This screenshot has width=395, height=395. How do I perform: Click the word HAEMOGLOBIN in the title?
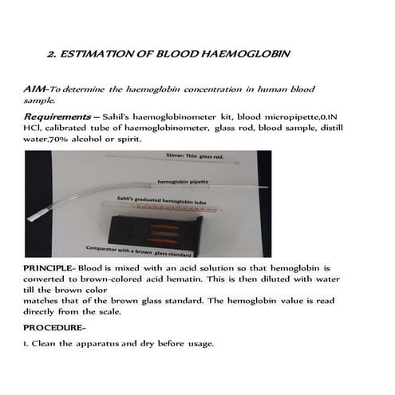(247, 55)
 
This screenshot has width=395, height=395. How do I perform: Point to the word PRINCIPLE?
(49, 269)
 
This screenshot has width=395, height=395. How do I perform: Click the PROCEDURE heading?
(53, 327)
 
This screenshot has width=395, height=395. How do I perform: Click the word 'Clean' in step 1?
(49, 344)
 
